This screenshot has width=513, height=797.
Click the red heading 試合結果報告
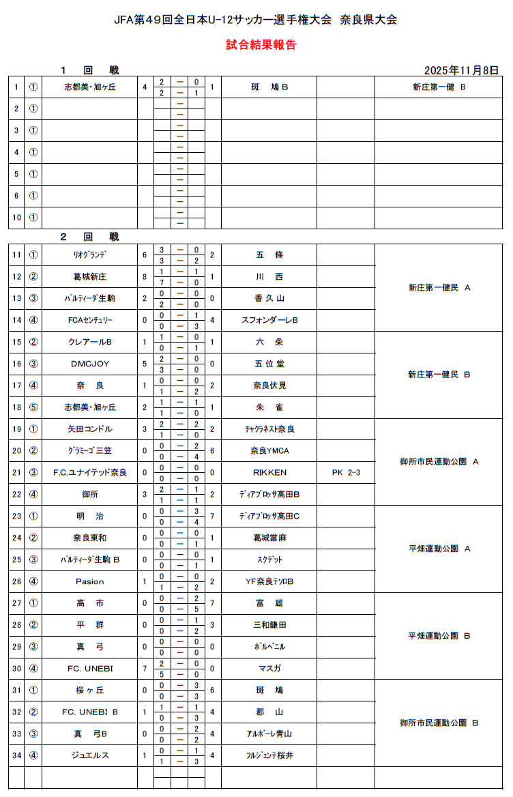pyautogui.click(x=261, y=46)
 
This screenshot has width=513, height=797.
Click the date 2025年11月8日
pyautogui.click(x=461, y=70)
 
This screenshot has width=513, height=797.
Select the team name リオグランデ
pyautogui.click(x=89, y=255)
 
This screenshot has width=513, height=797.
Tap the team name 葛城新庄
pyautogui.click(x=89, y=277)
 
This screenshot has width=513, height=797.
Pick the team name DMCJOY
pyautogui.click(x=89, y=364)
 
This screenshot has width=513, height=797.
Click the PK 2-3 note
pyautogui.click(x=345, y=472)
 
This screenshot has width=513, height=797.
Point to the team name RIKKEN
pyautogui.click(x=269, y=472)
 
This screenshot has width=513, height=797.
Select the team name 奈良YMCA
pyautogui.click(x=269, y=450)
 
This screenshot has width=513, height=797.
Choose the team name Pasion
pyautogui.click(x=89, y=581)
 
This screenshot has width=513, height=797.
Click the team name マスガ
pyautogui.click(x=269, y=668)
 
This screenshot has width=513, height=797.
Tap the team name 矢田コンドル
pyautogui.click(x=89, y=429)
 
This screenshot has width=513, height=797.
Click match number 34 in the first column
pyautogui.click(x=17, y=755)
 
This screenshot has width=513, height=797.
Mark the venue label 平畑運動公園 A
pyautogui.click(x=439, y=549)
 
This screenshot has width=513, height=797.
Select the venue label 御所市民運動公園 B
pyautogui.click(x=439, y=723)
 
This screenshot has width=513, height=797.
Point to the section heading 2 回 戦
pyautogui.click(x=89, y=237)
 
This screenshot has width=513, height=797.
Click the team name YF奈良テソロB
pyautogui.click(x=269, y=581)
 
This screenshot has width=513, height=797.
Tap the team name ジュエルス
pyautogui.click(x=89, y=755)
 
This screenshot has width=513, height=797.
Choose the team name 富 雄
pyautogui.click(x=269, y=603)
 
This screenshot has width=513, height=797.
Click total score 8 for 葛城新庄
pyautogui.click(x=145, y=277)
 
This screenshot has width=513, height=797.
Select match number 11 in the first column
pyautogui.click(x=17, y=255)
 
